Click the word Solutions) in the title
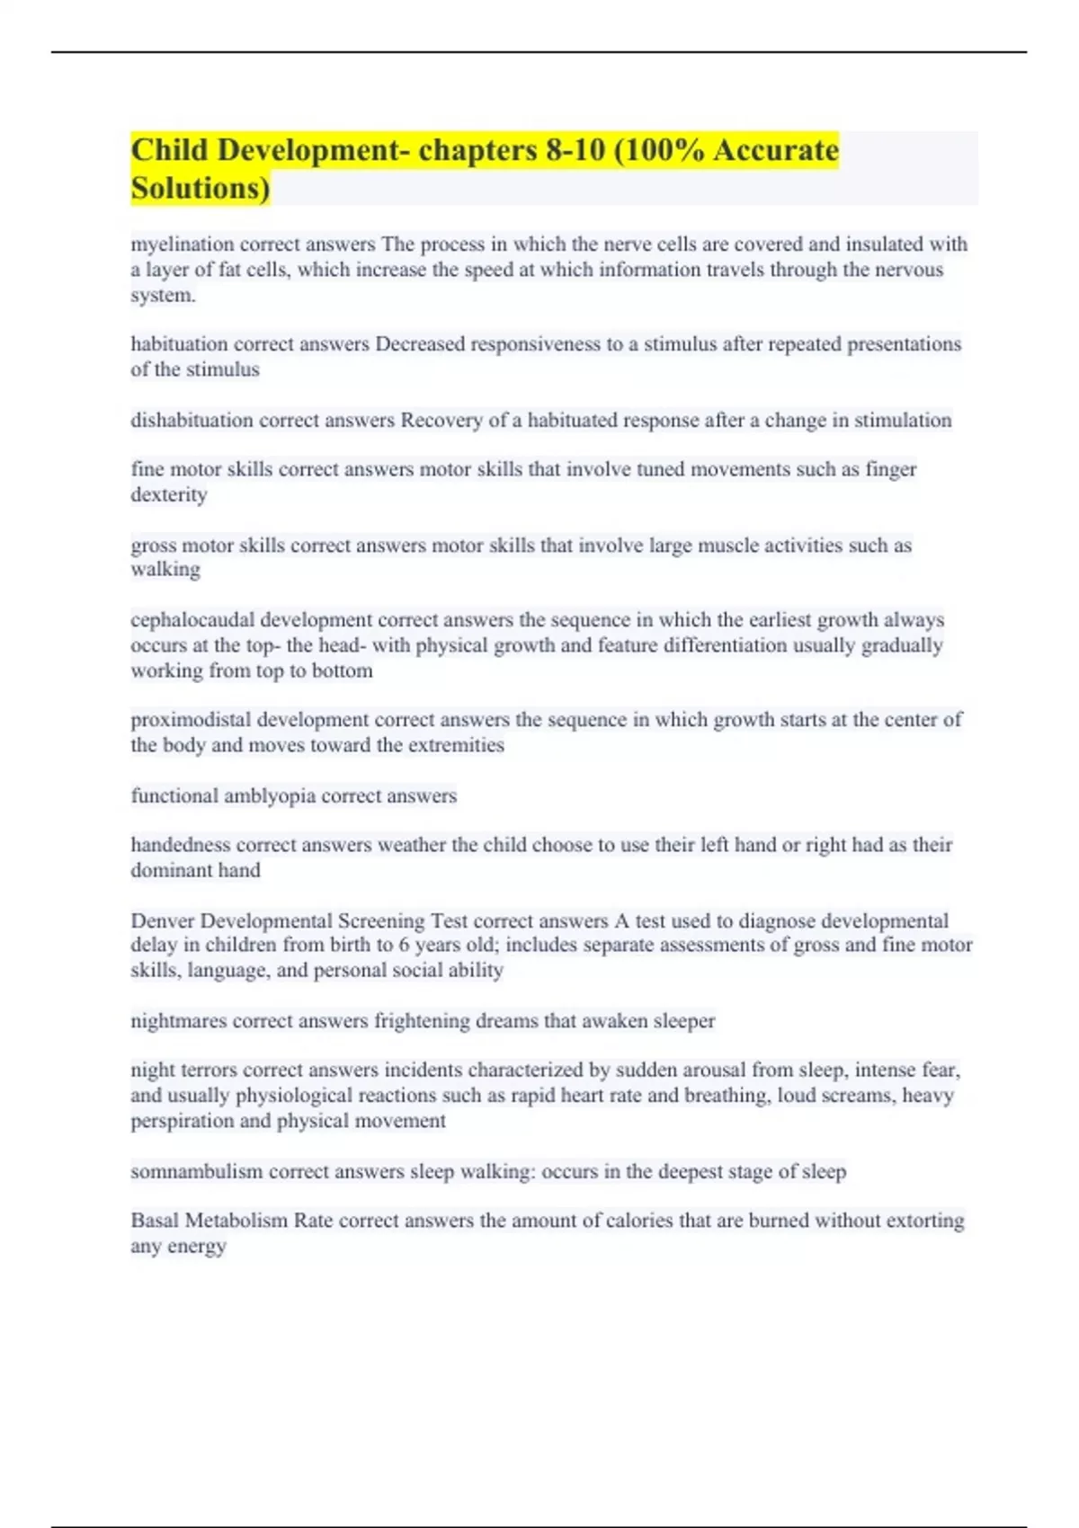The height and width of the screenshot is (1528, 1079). coord(200,188)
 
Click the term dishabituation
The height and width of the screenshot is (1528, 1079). coord(192,420)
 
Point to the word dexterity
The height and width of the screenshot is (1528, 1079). coord(169,494)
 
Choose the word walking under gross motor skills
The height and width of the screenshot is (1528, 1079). coord(165,570)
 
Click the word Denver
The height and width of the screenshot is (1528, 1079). coord(162,920)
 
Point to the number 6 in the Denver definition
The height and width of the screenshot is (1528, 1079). coord(404,946)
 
